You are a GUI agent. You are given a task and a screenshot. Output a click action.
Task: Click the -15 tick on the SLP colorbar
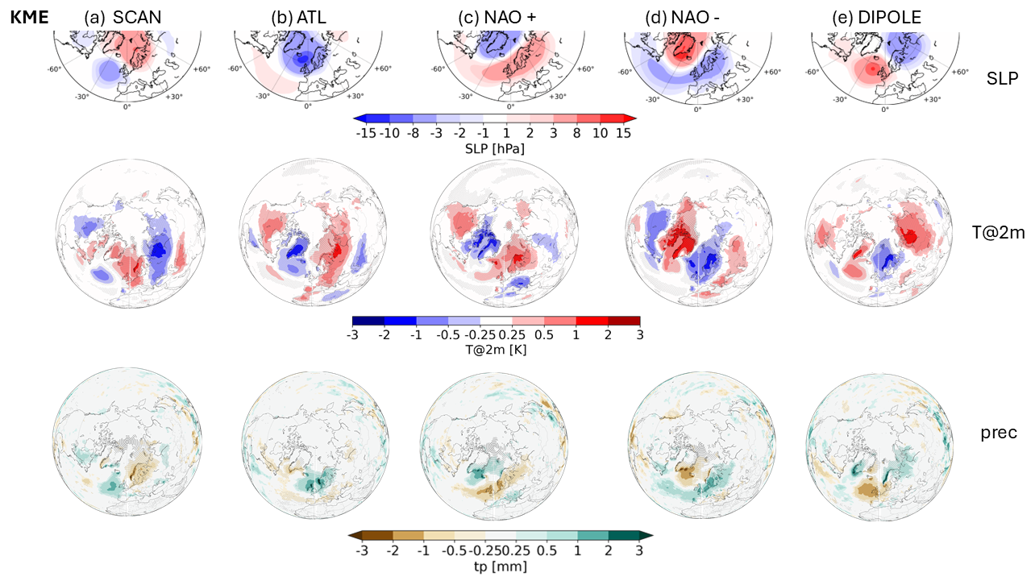click(365, 134)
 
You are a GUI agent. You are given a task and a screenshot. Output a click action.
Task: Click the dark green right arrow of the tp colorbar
click(646, 534)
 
